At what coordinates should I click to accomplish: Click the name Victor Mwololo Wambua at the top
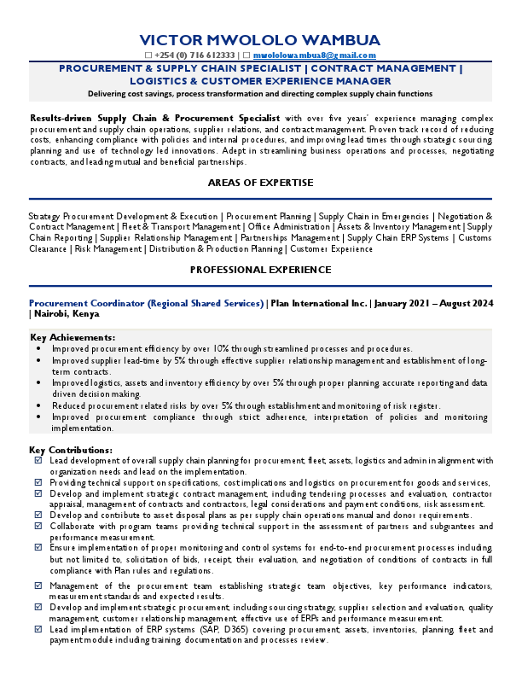point(260,40)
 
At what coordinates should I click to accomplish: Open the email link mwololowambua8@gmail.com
point(315,54)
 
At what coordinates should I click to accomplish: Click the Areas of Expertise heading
point(260,183)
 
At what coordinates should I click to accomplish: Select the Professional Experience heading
point(260,270)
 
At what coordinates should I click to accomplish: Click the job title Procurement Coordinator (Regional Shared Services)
point(146,303)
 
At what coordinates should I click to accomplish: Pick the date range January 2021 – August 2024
point(432,303)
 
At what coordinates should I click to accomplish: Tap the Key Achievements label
point(72,338)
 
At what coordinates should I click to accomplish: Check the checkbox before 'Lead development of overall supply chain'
point(38,461)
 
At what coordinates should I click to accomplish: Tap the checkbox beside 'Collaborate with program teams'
point(38,527)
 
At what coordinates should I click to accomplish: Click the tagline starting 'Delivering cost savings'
point(260,93)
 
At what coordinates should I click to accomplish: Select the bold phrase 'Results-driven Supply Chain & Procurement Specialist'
point(154,117)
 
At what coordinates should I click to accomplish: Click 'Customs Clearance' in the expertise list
point(475,238)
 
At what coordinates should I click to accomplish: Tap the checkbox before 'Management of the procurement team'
point(38,586)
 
